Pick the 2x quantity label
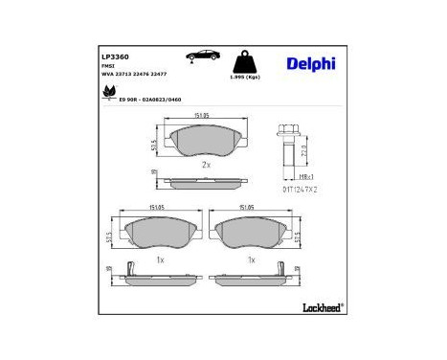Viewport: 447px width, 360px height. pos(205,165)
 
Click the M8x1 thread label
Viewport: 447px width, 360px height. pos(307,176)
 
